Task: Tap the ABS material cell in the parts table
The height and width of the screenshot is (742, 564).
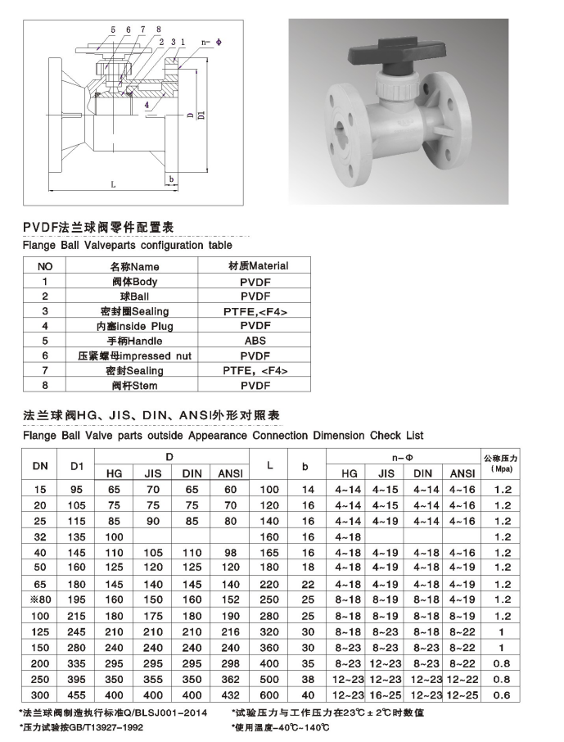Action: coord(255,341)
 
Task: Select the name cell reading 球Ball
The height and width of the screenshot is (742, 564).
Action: coord(134,296)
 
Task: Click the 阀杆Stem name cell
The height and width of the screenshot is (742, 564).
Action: coord(134,385)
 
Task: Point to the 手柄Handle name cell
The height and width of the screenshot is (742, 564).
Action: coord(134,341)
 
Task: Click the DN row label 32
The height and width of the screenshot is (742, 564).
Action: coord(39,537)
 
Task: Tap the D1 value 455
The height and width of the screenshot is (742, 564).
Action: coord(78,695)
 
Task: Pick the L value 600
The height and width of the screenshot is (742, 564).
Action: coord(269,695)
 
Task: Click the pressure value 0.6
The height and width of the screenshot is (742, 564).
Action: coord(503,695)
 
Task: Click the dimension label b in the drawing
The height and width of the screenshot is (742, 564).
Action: coord(171,178)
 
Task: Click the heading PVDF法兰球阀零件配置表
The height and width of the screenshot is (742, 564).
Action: coord(99,226)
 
